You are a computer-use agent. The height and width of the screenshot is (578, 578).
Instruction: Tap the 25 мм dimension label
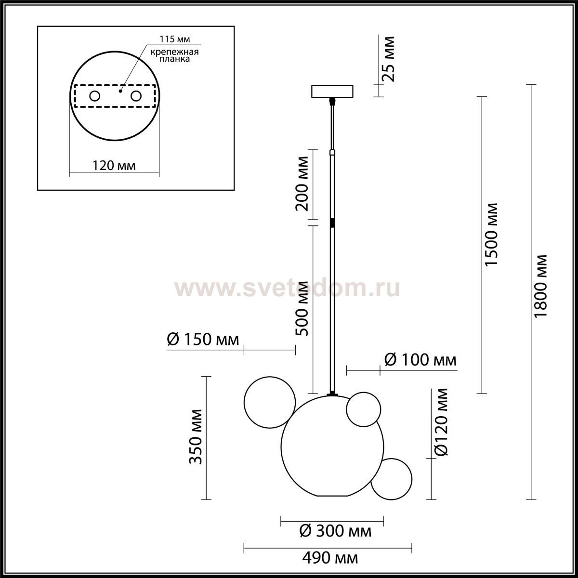(388, 59)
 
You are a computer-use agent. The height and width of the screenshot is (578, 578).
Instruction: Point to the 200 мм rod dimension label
(302, 184)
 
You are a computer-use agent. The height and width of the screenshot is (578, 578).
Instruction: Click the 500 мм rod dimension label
(302, 308)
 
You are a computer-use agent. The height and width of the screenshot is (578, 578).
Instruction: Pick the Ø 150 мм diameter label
(203, 340)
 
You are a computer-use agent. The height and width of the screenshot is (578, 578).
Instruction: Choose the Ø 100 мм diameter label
(420, 360)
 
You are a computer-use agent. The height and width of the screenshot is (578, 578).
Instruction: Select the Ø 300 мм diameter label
(335, 531)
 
